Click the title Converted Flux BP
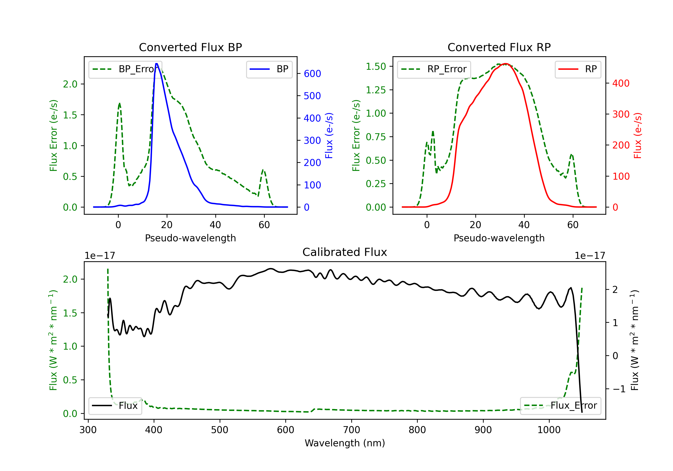(x=190, y=47)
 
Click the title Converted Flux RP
(x=499, y=47)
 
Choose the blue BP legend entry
(x=269, y=69)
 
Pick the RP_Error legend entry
(x=434, y=69)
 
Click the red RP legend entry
(x=578, y=69)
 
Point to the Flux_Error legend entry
(x=560, y=406)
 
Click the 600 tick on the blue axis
(x=312, y=74)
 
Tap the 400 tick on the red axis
(x=621, y=83)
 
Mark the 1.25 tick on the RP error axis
(x=376, y=90)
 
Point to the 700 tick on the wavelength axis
(x=351, y=430)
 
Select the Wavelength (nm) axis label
(x=345, y=443)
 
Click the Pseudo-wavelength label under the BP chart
(x=190, y=238)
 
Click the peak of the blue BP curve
(x=157, y=64)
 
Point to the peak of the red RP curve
(x=505, y=64)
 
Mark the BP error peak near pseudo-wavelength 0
(x=119, y=103)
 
